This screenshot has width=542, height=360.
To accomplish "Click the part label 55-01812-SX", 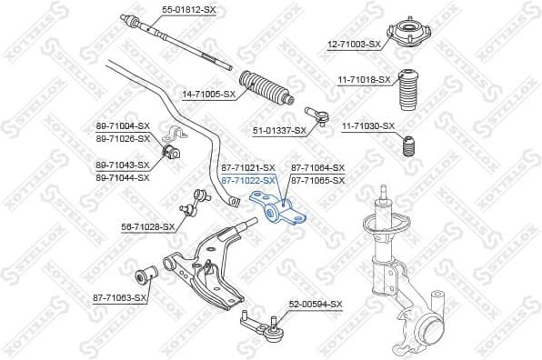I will [x=189, y=9].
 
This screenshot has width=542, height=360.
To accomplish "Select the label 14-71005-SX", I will [x=208, y=94].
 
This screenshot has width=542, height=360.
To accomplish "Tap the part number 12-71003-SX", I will [x=355, y=44].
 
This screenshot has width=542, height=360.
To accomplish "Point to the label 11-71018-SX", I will [x=365, y=80].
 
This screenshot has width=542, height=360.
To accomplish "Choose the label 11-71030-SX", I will [x=368, y=125].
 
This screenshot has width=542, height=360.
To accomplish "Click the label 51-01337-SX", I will [x=278, y=131].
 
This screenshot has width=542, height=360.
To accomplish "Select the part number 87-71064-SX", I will [x=318, y=168].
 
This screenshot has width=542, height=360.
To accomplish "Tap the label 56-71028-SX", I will [x=148, y=226].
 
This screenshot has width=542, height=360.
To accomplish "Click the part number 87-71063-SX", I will [x=119, y=297].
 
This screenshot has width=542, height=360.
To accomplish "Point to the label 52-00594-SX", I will [x=316, y=304].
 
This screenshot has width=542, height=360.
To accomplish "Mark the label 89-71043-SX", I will [x=122, y=165].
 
